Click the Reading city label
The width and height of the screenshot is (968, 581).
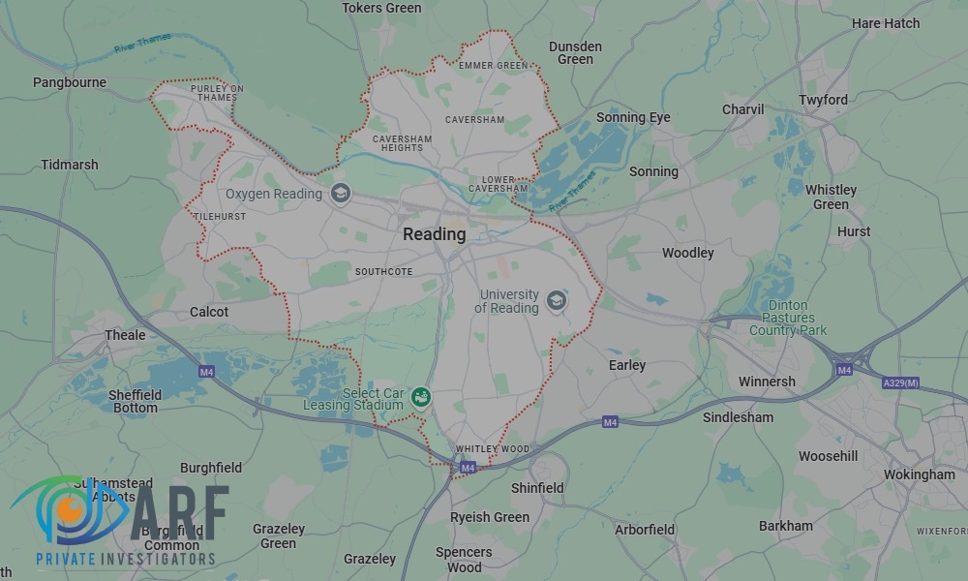(x=434, y=234)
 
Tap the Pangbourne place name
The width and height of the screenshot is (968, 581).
(x=70, y=82)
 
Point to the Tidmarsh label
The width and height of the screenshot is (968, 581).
(x=70, y=165)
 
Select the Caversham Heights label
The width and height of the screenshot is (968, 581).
(x=403, y=143)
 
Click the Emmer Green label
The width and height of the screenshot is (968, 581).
(x=494, y=66)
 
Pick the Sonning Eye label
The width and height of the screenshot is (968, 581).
(x=633, y=117)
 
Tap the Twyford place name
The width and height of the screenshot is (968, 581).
(x=823, y=100)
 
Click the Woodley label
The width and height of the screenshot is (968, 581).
(x=687, y=253)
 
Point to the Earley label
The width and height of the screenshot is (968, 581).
(x=627, y=365)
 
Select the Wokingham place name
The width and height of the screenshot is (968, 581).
(x=919, y=474)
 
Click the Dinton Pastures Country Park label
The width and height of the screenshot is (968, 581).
(x=788, y=318)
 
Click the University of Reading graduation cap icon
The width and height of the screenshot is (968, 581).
(x=556, y=300)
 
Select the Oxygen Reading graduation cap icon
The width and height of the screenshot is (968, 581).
(x=340, y=194)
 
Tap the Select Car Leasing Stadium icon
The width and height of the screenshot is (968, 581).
(x=420, y=396)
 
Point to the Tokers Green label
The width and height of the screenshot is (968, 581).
(x=382, y=8)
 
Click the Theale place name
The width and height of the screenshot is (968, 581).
(x=125, y=335)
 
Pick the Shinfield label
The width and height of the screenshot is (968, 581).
(x=537, y=488)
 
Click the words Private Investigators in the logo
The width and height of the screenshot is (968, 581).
(x=125, y=559)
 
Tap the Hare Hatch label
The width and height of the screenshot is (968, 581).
(x=886, y=23)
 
